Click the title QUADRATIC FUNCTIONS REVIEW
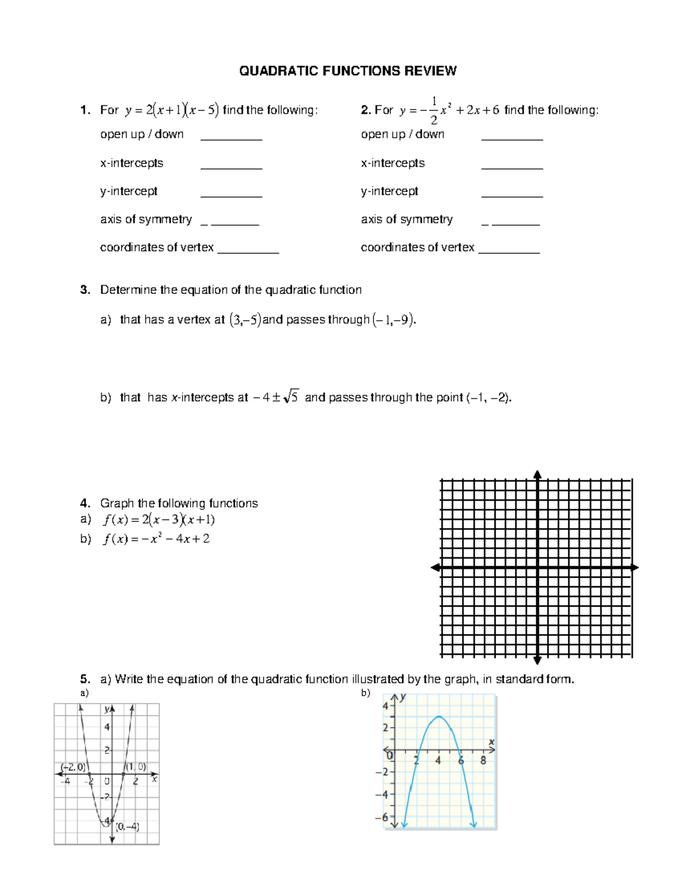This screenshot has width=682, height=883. pos(347,71)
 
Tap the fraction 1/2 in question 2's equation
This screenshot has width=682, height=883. pos(434,110)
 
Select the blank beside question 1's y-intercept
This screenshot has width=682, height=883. pos(231,192)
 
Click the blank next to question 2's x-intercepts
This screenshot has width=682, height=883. pos(511,164)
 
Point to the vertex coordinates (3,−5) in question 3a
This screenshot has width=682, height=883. pos(245,320)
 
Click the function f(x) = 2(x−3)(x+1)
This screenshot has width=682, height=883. pos(159,520)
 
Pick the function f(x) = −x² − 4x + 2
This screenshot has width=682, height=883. pos(156,539)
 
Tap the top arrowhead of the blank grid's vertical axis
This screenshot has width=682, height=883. pos(537,475)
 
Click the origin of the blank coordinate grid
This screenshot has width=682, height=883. pos(537,567)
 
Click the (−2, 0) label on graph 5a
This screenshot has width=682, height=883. pos(73,767)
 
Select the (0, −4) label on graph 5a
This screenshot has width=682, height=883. pos(127,827)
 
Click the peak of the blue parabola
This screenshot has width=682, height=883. pos(438,716)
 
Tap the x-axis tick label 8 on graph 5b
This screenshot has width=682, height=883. pos(483,760)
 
